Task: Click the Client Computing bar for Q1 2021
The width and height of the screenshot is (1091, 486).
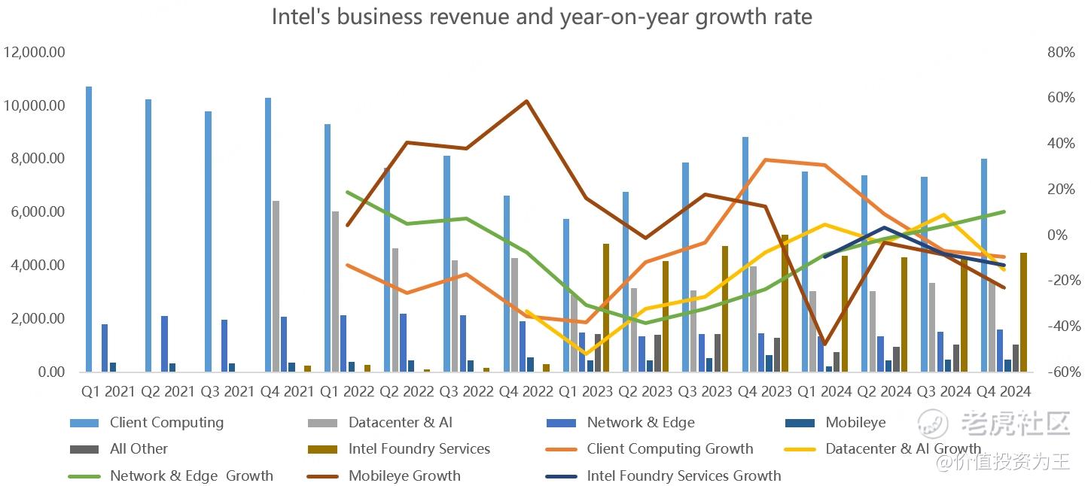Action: point(89,229)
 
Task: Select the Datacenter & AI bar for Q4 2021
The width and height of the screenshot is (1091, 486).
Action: point(276,286)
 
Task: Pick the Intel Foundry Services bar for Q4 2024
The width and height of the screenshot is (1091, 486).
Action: point(1023,312)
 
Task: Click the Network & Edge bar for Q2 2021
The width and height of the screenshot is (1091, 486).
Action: point(164,344)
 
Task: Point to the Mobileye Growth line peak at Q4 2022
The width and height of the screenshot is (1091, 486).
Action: point(526,101)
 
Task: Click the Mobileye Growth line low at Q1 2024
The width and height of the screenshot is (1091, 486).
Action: point(824,345)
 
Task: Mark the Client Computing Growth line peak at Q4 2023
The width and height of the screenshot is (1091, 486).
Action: point(765,159)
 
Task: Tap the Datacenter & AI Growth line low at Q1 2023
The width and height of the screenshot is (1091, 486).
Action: point(585,354)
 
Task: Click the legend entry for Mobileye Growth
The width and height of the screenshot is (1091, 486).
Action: point(404,475)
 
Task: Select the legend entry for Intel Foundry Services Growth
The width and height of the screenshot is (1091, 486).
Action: point(684,475)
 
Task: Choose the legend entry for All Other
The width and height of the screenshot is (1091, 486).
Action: point(139,449)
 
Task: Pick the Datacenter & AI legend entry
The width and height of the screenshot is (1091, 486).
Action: point(400,423)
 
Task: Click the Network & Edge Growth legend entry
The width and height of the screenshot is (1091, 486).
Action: point(191,475)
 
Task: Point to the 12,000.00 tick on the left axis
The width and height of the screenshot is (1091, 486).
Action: point(35,53)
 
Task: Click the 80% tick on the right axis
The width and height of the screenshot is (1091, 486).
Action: point(1060,53)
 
